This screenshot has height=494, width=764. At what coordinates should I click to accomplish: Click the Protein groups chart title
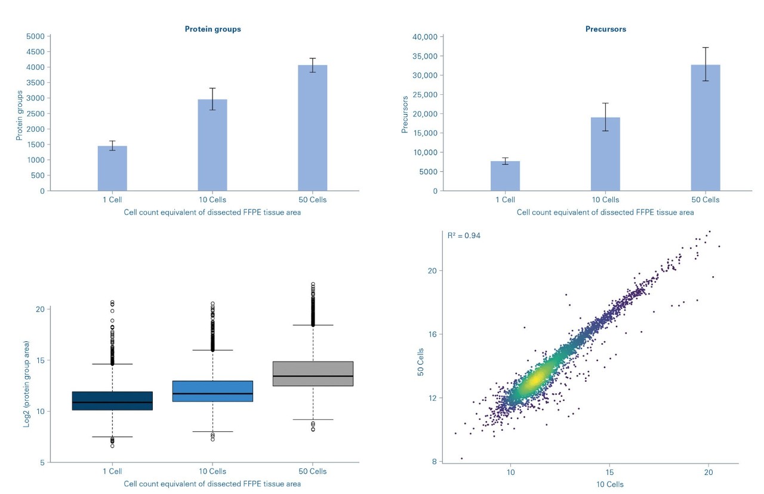(212, 29)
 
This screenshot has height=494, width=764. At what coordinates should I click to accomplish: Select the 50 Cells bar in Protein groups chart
(313, 128)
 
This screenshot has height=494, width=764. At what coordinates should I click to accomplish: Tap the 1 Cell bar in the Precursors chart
(505, 176)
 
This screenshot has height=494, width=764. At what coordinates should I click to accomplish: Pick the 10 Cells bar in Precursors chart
(605, 154)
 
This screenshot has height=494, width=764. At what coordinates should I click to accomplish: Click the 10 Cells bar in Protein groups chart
(212, 145)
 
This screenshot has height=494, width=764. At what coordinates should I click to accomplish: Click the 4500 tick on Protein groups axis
(36, 51)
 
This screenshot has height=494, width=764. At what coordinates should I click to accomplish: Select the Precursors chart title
(605, 29)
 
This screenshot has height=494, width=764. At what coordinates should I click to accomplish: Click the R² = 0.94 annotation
(464, 236)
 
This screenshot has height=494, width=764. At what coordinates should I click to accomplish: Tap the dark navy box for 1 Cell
(112, 401)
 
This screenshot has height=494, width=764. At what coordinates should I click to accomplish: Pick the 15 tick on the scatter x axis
(609, 471)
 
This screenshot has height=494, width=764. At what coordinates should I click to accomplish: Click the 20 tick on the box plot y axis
(40, 309)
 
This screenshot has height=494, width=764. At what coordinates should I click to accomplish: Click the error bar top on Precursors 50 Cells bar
(706, 47)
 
